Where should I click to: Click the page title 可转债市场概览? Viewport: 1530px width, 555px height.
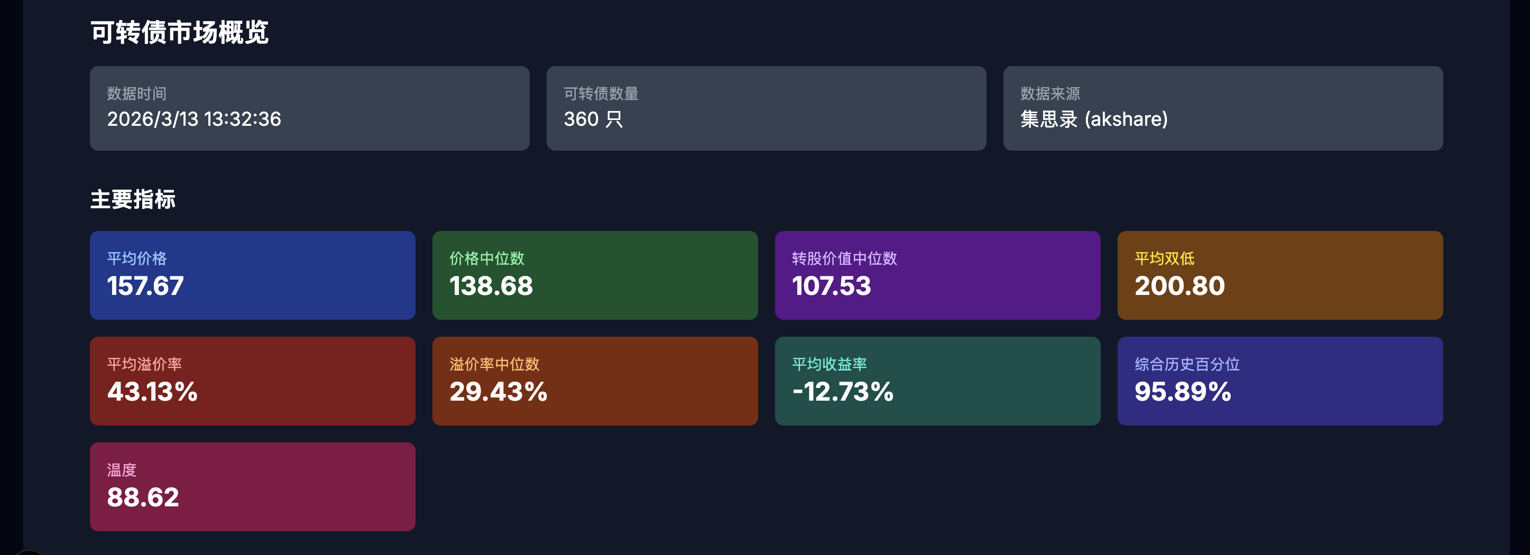179,32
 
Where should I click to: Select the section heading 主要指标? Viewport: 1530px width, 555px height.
133,199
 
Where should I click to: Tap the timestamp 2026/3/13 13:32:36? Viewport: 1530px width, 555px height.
193,119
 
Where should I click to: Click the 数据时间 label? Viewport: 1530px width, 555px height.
136,94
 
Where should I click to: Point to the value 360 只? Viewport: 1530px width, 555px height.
593,119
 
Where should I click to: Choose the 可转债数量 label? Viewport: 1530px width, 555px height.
601,94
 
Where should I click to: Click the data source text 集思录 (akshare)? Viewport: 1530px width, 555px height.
1093,119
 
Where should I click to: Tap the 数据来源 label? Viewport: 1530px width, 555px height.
1049,94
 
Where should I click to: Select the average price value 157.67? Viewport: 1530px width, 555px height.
145,286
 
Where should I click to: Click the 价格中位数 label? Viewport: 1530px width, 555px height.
486,259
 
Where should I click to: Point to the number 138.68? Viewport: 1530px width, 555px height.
491,286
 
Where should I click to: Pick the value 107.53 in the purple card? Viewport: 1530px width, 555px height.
832,286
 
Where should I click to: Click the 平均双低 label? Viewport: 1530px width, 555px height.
1164,259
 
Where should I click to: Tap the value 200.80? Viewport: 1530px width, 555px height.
1179,286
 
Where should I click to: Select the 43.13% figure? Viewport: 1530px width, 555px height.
152,392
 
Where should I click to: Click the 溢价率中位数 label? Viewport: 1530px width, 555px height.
494,365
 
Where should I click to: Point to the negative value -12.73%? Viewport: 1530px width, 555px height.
843,392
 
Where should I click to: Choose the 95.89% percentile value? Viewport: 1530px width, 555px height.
1183,392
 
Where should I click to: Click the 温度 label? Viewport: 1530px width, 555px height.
122,470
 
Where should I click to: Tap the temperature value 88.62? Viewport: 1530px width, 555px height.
143,497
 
